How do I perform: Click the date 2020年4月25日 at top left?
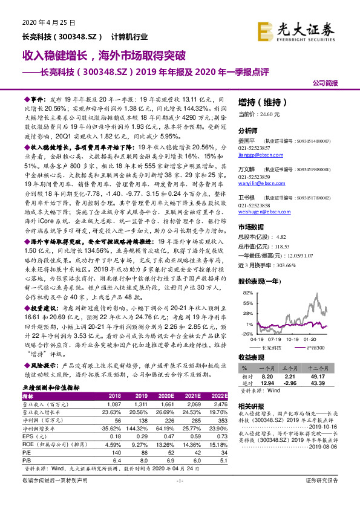(42, 24)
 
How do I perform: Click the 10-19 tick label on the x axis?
(292, 339)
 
